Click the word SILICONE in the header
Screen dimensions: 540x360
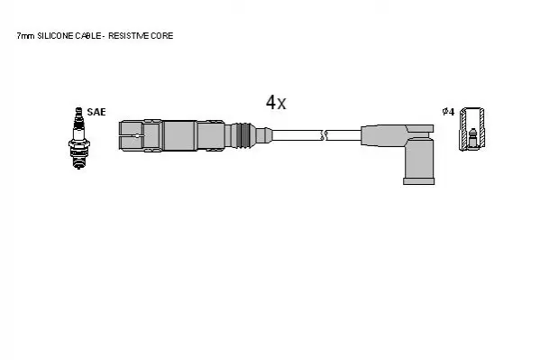pos(55,36)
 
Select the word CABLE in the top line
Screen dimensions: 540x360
pos(88,36)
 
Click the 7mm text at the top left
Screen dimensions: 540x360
pos(25,36)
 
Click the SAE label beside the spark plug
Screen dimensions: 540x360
pos(96,112)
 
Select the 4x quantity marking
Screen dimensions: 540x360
pos(276,102)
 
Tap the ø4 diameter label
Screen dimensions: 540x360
pos(448,112)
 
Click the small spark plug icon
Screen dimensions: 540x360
pos(78,138)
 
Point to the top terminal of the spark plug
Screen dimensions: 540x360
pos(78,111)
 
